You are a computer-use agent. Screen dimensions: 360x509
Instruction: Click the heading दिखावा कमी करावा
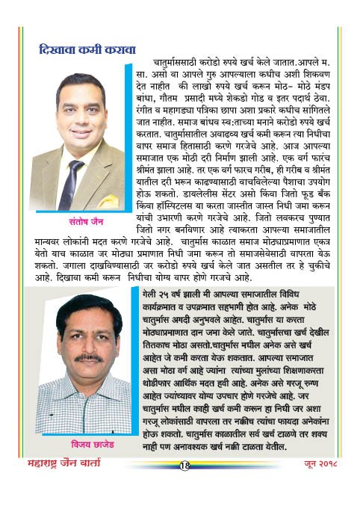click(87, 51)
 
